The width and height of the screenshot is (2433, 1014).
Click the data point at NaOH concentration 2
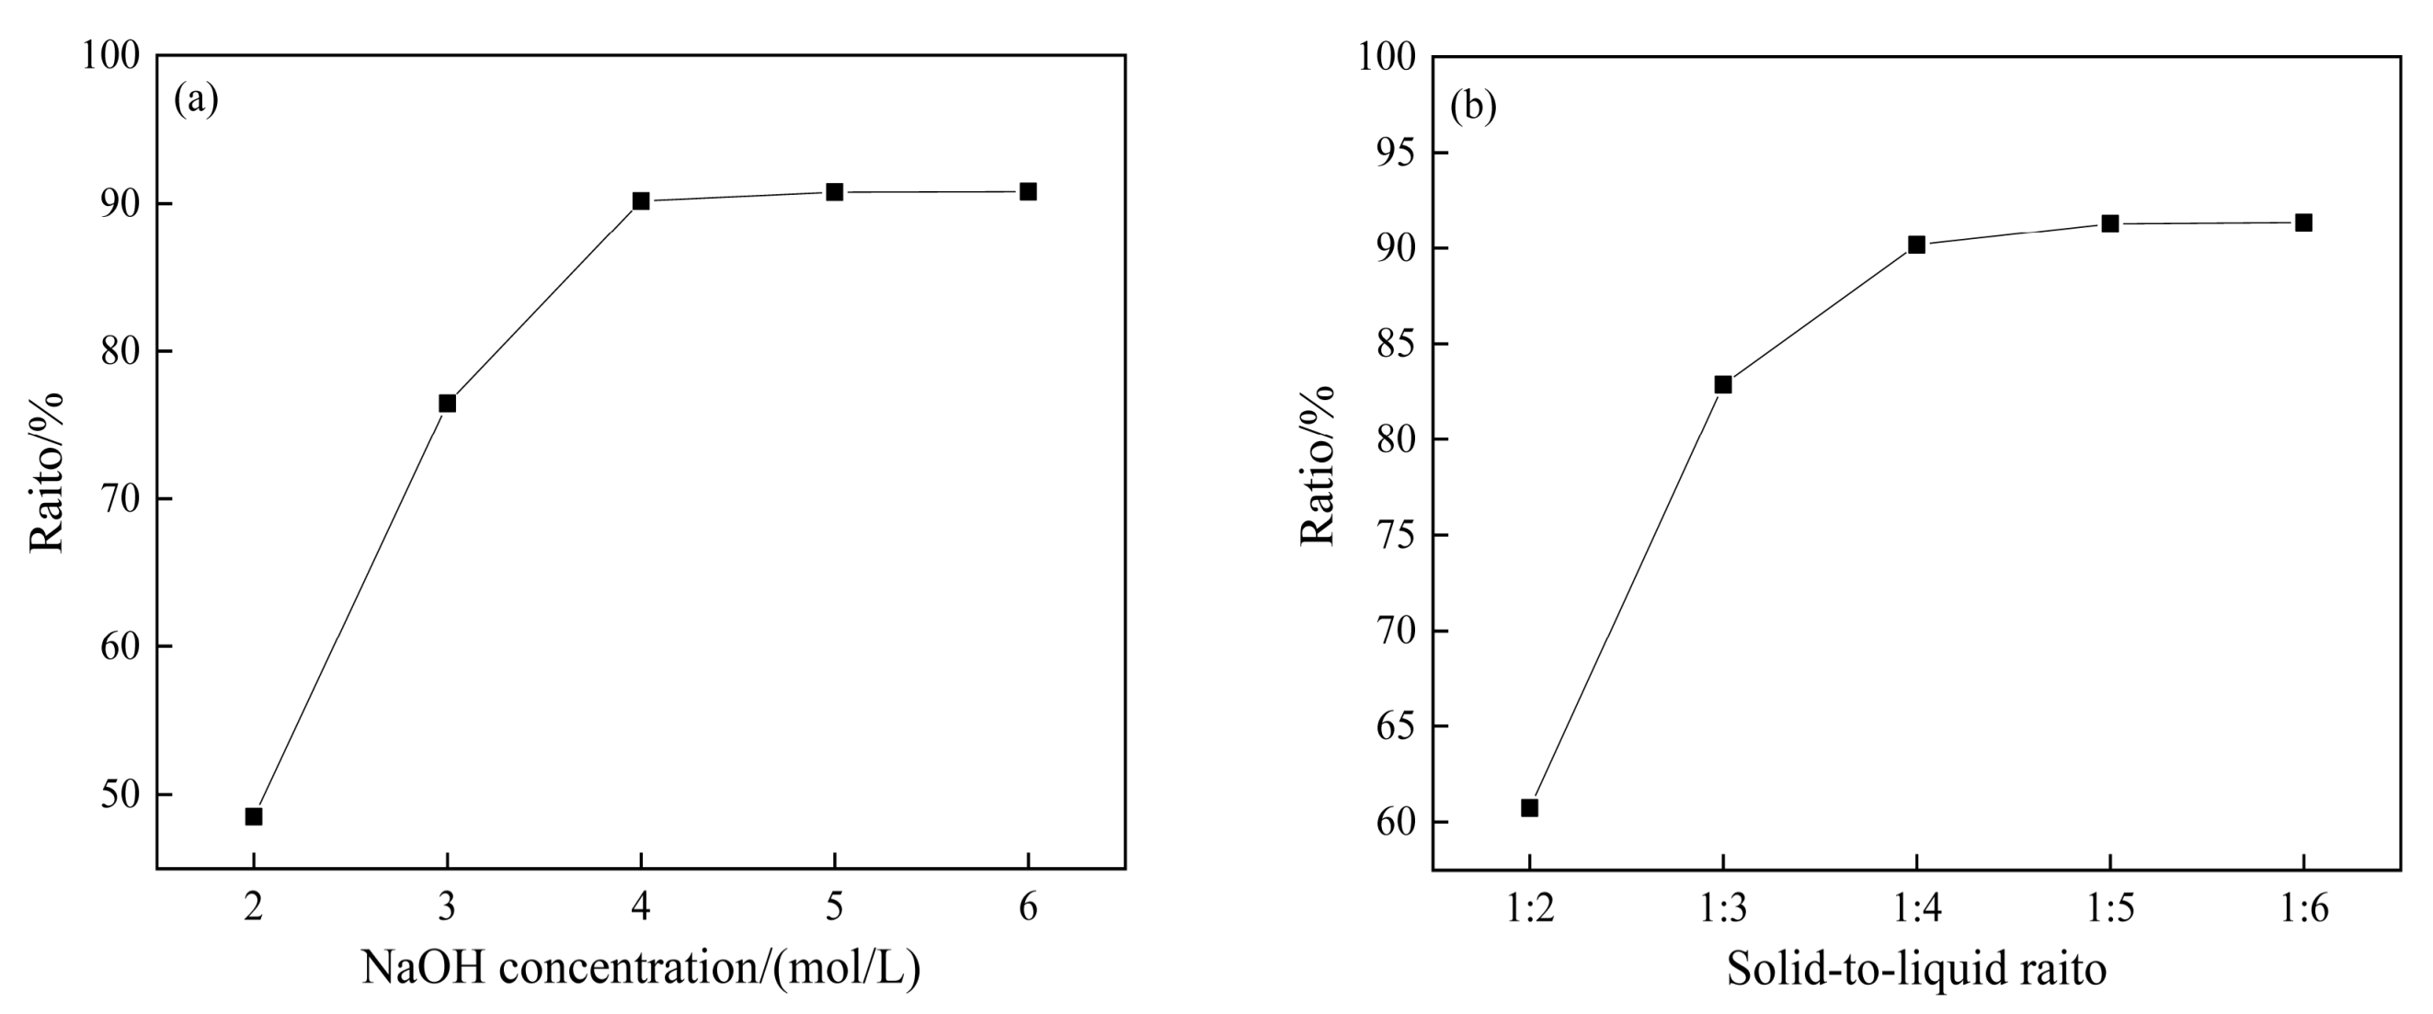point(253,815)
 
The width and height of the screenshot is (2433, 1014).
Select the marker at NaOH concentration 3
point(447,404)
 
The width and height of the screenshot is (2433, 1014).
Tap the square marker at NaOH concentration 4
point(640,201)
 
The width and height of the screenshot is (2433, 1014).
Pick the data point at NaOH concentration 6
point(1028,191)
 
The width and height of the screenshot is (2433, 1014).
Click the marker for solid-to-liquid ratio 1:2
point(1529,807)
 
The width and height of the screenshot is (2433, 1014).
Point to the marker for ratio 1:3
point(1723,384)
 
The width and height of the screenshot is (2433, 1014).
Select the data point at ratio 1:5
point(2110,223)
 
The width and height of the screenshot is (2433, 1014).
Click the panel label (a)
point(197,99)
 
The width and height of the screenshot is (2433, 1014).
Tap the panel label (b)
point(1473,107)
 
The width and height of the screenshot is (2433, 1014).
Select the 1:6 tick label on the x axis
point(2303,909)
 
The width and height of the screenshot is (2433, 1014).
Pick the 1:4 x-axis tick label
point(1916,909)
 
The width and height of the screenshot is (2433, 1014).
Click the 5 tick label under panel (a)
point(834,909)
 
